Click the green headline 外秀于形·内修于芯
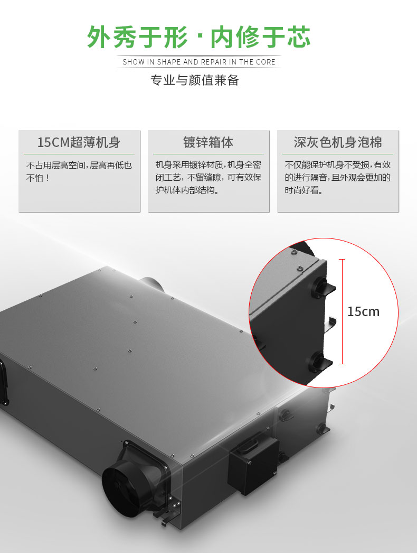coord(198,36)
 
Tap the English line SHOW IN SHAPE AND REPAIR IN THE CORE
coord(198,62)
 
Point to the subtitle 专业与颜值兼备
coord(195,80)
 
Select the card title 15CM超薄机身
coord(79,143)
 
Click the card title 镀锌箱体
coord(208,143)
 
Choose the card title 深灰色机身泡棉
coord(338,143)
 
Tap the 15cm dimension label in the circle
coord(363,312)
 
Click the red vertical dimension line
coord(342,311)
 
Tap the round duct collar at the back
coord(151,284)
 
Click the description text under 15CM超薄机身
coord(79,171)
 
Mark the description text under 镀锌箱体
coord(208,178)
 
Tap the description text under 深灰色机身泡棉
coord(338,178)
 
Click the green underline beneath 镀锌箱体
coord(208,154)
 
